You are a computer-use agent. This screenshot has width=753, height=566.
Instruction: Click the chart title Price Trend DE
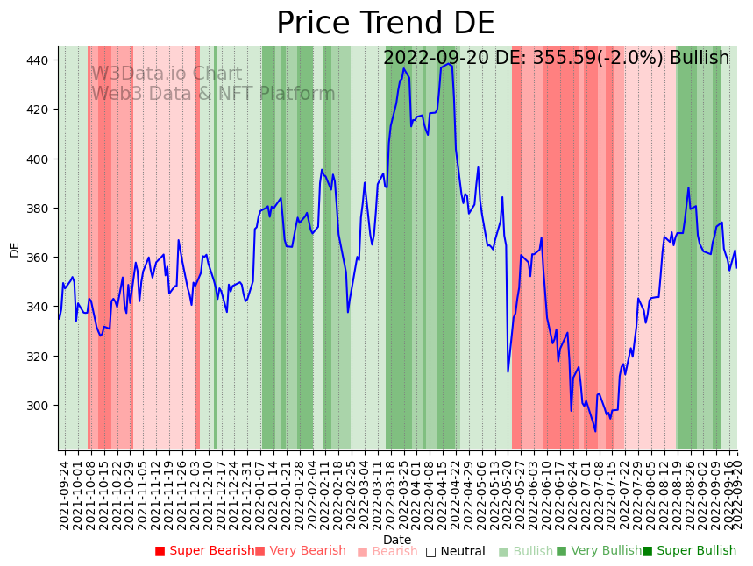(385, 24)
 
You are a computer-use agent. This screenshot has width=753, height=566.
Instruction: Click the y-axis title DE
(14, 249)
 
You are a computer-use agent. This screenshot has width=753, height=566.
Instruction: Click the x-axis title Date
(397, 540)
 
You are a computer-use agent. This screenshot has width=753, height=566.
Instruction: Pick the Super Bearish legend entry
(204, 551)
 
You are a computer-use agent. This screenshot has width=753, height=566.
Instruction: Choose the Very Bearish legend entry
(301, 551)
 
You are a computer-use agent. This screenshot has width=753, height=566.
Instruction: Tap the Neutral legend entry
(455, 552)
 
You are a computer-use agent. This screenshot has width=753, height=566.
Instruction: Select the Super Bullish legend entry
(689, 551)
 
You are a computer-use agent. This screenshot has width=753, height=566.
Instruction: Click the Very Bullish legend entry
(599, 551)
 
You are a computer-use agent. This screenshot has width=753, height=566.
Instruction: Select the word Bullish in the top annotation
(699, 59)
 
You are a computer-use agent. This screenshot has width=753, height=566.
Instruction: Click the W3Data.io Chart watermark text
(167, 74)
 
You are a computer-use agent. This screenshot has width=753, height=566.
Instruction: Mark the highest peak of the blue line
(449, 63)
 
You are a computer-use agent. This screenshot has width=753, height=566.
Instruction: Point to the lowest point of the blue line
(595, 431)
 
